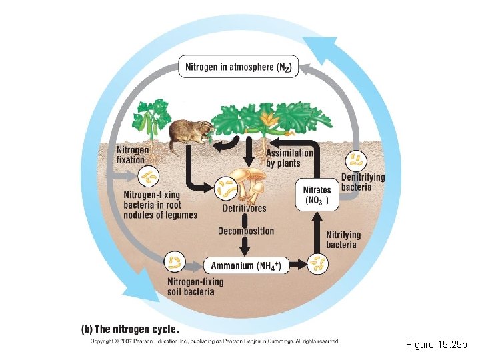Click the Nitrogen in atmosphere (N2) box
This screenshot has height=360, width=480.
239,67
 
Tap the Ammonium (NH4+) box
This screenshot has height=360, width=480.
246,266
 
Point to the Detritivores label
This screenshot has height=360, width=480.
244,209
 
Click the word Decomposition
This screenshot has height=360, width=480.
245,231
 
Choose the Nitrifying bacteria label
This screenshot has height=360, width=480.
343,239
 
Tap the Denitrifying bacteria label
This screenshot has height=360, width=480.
363,182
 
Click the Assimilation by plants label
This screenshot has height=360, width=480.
289,158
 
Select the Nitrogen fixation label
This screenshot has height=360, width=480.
133,155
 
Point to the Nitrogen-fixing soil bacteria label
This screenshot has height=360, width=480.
194,286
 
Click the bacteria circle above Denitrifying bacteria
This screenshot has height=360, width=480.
357,160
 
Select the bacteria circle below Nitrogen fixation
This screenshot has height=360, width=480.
148,177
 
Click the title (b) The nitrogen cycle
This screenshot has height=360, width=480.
130,329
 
